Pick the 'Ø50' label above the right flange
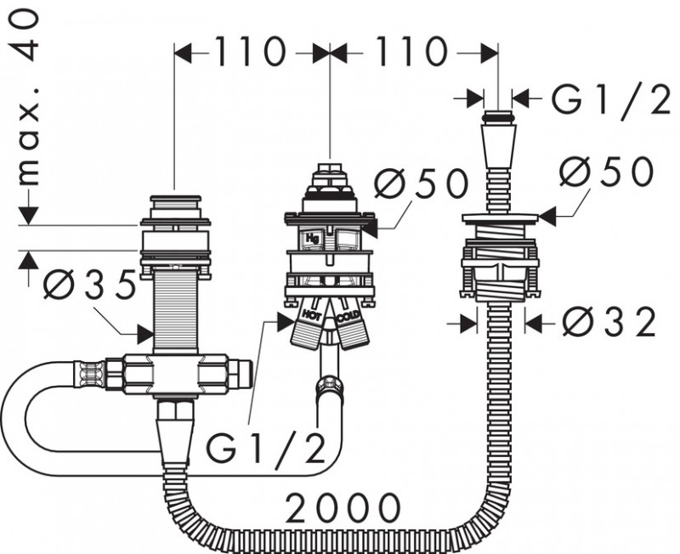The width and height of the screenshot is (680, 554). click(x=607, y=172)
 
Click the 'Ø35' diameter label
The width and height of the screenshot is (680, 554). click(x=90, y=285)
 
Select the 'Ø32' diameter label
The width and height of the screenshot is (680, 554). click(x=609, y=322)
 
